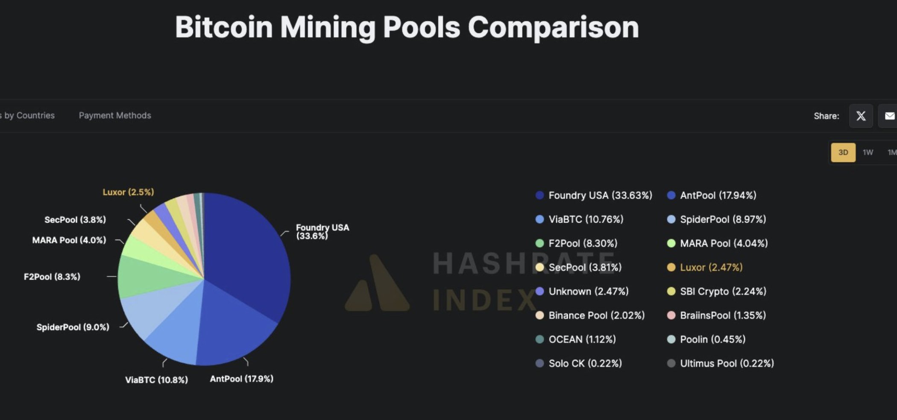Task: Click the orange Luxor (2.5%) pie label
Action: click(128, 192)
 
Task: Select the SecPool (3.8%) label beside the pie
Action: click(75, 220)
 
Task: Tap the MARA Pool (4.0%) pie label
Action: click(69, 240)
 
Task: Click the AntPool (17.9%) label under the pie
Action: click(241, 379)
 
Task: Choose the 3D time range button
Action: click(843, 152)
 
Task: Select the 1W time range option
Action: click(868, 152)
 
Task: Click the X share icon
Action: click(861, 116)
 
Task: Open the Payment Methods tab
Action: click(115, 115)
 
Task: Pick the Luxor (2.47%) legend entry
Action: click(711, 268)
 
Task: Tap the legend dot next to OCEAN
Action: click(539, 339)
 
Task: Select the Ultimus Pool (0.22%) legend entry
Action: click(727, 364)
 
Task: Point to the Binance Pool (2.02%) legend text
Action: click(596, 315)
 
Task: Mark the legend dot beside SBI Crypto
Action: click(671, 292)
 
